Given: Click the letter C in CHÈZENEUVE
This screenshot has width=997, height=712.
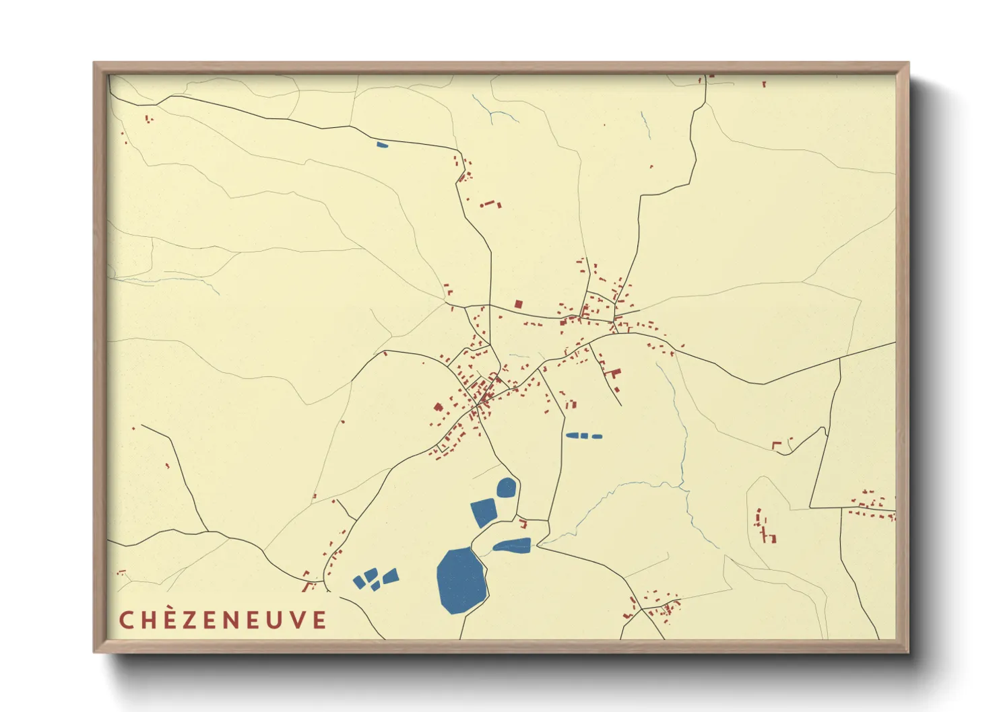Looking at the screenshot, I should [x=126, y=620].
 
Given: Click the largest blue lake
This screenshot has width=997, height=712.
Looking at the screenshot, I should [x=461, y=579].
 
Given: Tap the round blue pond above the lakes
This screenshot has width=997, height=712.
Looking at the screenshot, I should [x=507, y=487].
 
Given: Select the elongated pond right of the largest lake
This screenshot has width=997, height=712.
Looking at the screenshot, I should [x=513, y=546].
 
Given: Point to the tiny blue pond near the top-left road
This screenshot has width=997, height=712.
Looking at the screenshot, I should [x=382, y=144].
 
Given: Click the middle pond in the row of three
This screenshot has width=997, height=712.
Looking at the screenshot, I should [x=585, y=436].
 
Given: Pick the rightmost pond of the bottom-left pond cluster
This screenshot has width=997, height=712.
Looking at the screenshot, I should [x=391, y=575].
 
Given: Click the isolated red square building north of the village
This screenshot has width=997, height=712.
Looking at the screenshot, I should [x=518, y=304].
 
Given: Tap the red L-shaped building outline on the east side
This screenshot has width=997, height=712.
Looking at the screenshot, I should [x=776, y=445].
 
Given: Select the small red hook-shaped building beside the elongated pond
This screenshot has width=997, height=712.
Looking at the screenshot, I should [x=523, y=523].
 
